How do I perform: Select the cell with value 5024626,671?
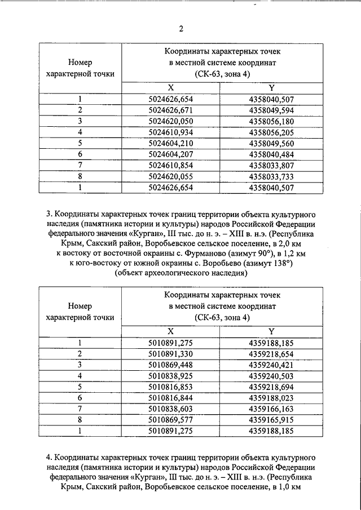[170, 110]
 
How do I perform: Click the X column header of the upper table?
[170, 88]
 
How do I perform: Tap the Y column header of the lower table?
[271, 331]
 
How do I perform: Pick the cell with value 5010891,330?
[170, 353]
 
